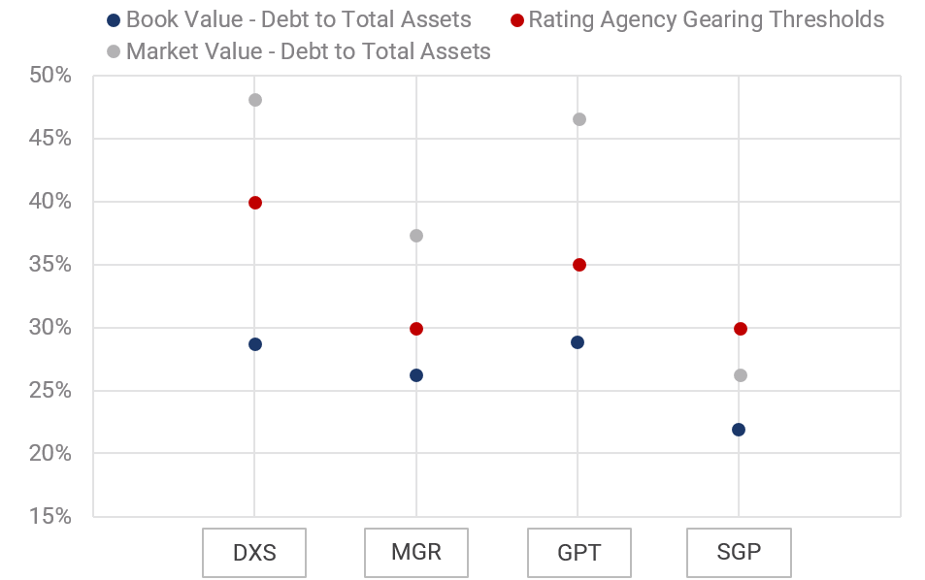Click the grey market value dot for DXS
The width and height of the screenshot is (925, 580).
click(x=255, y=100)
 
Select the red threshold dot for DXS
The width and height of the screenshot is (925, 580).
click(x=255, y=203)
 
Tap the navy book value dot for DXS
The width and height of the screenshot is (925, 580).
click(x=255, y=344)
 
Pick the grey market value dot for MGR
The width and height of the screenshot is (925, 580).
click(x=416, y=236)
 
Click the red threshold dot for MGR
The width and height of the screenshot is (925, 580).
click(x=416, y=329)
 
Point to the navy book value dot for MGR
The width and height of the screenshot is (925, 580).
click(x=416, y=375)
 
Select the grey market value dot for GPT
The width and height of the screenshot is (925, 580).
click(x=579, y=119)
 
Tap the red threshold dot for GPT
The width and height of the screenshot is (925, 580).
click(x=579, y=265)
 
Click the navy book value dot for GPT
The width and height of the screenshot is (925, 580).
click(x=578, y=342)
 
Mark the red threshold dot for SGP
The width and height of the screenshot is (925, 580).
click(x=741, y=329)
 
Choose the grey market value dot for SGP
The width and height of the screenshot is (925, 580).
click(x=741, y=375)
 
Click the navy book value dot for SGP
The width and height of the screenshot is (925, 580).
click(x=739, y=430)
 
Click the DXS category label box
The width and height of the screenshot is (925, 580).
click(x=254, y=553)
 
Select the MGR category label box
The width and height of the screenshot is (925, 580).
click(x=416, y=553)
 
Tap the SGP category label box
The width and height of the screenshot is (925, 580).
click(x=739, y=553)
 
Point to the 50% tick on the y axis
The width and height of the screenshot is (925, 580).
click(x=49, y=76)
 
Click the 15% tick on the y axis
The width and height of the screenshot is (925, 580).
click(x=49, y=517)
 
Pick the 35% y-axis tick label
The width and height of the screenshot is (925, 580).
click(x=49, y=265)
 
